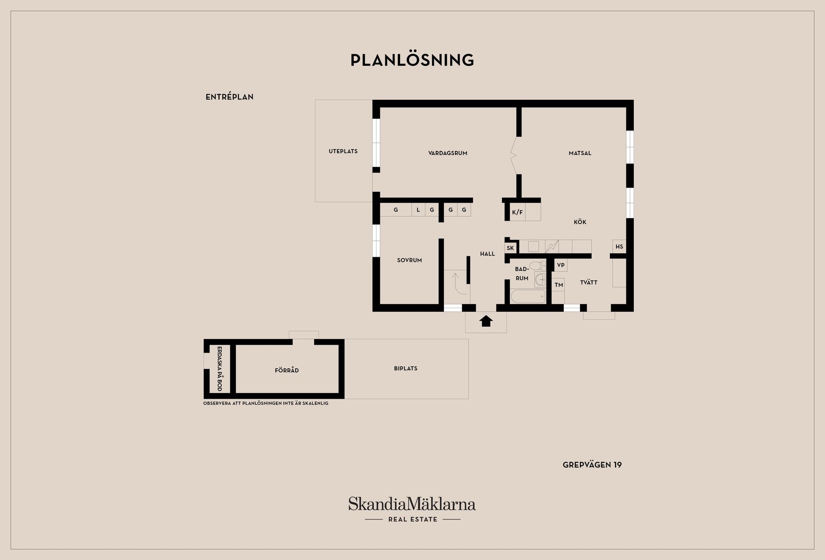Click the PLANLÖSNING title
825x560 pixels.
click(412, 60)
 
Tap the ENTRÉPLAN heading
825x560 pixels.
click(229, 97)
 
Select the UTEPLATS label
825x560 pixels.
click(343, 151)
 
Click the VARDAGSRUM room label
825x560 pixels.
click(448, 153)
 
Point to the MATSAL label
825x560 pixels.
click(580, 153)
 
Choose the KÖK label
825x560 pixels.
click(580, 222)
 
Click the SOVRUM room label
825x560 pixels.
click(409, 260)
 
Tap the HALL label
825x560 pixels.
click(487, 254)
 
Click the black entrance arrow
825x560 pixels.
click(486, 321)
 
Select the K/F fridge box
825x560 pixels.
click(517, 212)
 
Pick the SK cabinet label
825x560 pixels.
click(510, 248)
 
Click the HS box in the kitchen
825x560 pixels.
click(619, 247)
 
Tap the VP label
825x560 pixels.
click(561, 265)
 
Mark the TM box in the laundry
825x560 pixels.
click(559, 285)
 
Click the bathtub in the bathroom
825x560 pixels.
click(528, 296)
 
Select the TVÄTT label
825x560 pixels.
click(589, 283)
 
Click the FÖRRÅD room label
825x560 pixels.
click(287, 370)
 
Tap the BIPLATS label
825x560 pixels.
click(406, 369)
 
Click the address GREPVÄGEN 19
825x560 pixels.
click(592, 465)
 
